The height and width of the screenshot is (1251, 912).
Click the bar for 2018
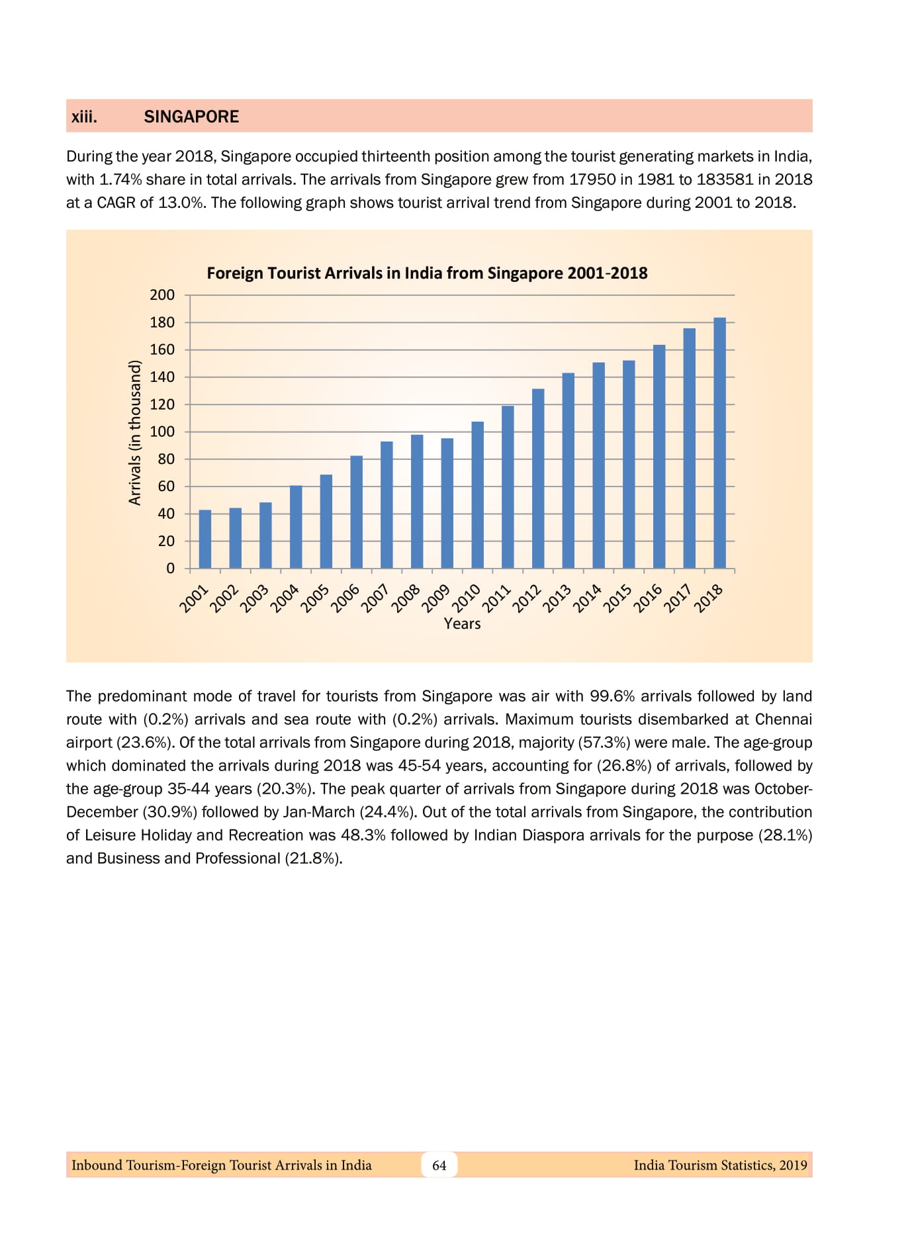click(719, 443)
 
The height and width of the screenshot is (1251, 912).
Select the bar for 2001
click(205, 539)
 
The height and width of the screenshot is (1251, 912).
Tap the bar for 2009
click(447, 503)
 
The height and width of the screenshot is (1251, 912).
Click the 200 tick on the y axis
click(162, 295)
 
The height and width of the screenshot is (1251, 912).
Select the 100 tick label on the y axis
click(162, 432)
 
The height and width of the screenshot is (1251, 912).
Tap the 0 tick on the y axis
click(171, 568)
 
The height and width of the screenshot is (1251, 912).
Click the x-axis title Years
click(462, 624)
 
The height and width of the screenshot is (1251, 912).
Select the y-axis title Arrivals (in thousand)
click(135, 432)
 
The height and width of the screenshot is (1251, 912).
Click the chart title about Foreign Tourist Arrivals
click(427, 273)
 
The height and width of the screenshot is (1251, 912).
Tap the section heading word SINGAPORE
click(191, 116)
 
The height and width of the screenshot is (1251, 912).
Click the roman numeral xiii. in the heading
click(85, 116)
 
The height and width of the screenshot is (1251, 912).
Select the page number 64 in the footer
click(439, 1165)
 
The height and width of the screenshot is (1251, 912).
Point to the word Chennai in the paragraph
click(783, 719)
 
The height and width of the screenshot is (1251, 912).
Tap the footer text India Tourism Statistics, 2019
click(720, 1165)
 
